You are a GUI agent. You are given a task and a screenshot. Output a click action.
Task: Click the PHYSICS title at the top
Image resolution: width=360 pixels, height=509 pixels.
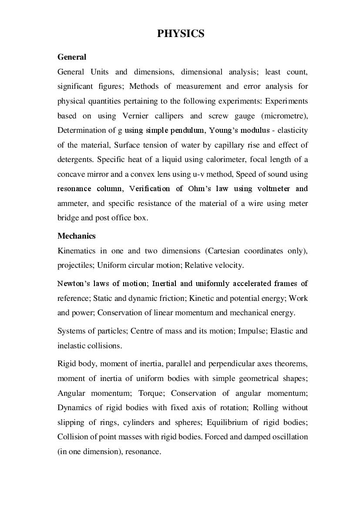point(181,34)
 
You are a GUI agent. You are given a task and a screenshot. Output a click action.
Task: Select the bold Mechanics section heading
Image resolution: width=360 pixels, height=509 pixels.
point(76,236)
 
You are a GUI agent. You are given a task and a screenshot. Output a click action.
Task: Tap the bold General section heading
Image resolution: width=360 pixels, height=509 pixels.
point(72,57)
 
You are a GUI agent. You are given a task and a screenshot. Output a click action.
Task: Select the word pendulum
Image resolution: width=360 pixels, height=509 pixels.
point(188,130)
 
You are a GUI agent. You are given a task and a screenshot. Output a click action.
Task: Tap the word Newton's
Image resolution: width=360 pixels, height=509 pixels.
point(72,283)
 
